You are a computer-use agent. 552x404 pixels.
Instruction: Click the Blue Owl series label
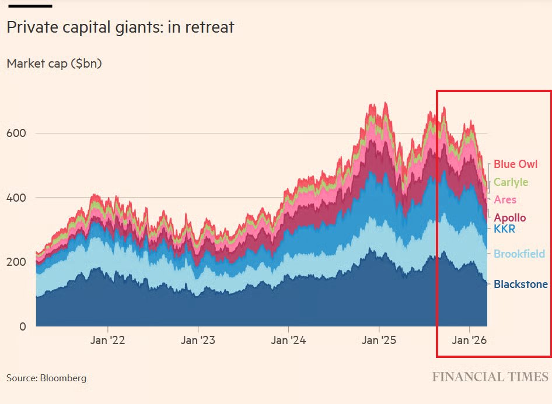pyautogui.click(x=515, y=164)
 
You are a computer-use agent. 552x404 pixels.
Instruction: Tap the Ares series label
pyautogui.click(x=505, y=200)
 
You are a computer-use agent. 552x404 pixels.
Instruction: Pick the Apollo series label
pyautogui.click(x=509, y=217)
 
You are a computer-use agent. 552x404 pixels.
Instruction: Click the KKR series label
pyautogui.click(x=504, y=229)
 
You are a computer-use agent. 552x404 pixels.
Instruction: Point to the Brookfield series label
pyautogui.click(x=519, y=254)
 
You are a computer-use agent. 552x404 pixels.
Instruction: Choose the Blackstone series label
pyautogui.click(x=520, y=284)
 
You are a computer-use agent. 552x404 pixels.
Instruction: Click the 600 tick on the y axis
pyautogui.click(x=17, y=133)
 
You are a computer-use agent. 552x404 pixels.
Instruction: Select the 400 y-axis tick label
pyautogui.click(x=17, y=198)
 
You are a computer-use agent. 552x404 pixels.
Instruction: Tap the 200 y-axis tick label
pyautogui.click(x=17, y=262)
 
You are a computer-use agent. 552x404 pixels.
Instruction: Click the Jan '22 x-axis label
pyautogui.click(x=108, y=340)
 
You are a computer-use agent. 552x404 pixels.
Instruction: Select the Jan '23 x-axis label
pyautogui.click(x=198, y=340)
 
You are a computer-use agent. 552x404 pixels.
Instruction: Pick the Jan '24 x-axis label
pyautogui.click(x=289, y=340)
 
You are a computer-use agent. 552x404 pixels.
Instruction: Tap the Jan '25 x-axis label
pyautogui.click(x=379, y=340)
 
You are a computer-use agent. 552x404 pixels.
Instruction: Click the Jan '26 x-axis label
pyautogui.click(x=470, y=340)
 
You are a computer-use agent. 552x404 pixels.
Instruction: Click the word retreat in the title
pyautogui.click(x=208, y=27)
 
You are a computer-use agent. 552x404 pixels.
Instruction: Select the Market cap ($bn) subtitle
pyautogui.click(x=54, y=64)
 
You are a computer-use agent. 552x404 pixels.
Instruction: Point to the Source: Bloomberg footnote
pyautogui.click(x=46, y=378)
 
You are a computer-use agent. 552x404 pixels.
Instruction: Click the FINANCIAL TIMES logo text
pyautogui.click(x=490, y=377)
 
